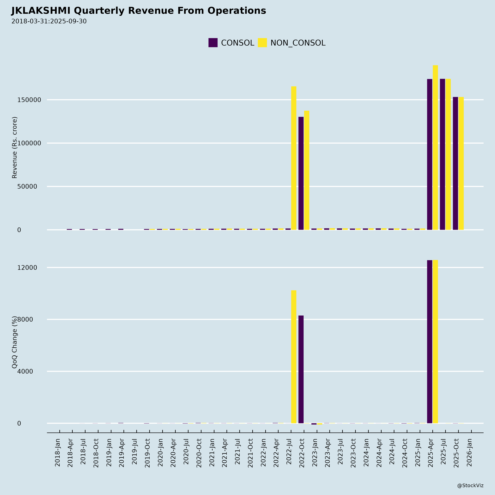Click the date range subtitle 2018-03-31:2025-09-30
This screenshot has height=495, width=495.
coord(49,21)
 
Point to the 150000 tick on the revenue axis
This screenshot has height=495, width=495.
coord(29,100)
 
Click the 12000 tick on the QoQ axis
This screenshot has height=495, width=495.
coord(27,267)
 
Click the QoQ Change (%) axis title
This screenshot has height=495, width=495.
coord(15,342)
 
